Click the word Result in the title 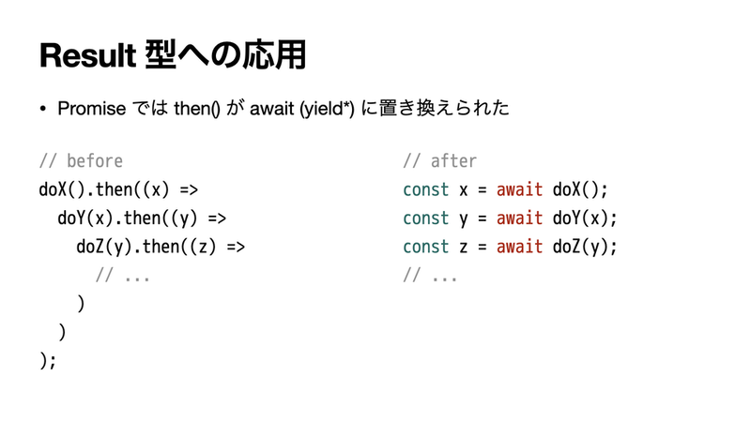point(88,55)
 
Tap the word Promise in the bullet point(91,109)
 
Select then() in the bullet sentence point(197,109)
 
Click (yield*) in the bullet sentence point(327,109)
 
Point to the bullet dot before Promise point(43,110)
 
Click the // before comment point(81,161)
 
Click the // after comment point(439,161)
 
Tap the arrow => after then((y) point(217,219)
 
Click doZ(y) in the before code point(104,247)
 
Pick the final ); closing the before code point(48,361)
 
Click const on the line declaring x point(426,190)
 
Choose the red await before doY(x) point(519,219)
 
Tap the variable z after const point(463,248)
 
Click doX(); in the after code point(580,190)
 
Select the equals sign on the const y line point(482,219)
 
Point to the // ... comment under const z point(430,276)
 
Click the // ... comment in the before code point(123,276)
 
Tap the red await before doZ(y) point(519,247)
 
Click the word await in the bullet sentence point(271,109)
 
